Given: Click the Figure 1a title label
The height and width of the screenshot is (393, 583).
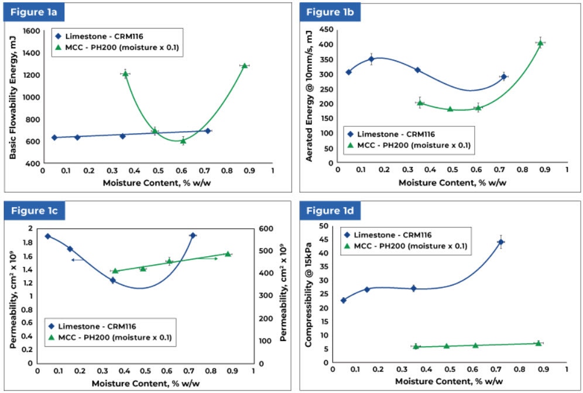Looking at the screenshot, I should (x=33, y=12).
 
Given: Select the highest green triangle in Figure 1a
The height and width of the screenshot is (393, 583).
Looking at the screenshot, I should (x=245, y=65).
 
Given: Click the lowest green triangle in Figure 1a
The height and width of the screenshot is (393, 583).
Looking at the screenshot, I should (x=183, y=140).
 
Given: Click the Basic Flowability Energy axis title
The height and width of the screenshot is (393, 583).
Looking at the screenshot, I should (x=12, y=97).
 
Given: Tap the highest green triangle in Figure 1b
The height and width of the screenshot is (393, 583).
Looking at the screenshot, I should (x=540, y=43).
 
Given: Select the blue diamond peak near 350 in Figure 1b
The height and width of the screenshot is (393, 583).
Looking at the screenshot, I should (x=371, y=59).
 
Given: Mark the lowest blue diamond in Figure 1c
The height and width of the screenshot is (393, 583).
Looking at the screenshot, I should (x=113, y=280).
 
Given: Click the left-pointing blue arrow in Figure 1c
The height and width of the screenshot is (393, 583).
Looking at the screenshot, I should (x=76, y=260).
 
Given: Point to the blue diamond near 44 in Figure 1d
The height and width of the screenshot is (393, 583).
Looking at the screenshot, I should (x=500, y=242).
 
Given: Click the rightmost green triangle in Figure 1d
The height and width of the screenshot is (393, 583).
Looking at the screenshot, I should (x=539, y=343).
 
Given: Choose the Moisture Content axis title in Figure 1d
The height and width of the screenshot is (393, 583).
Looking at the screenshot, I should (x=448, y=381).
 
